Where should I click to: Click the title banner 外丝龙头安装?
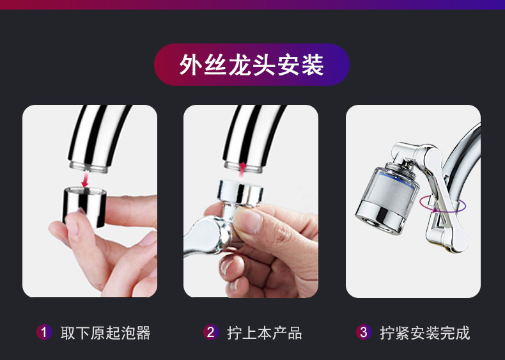click(x=252, y=65)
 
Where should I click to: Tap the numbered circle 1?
click(x=43, y=332)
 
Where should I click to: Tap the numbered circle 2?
click(x=211, y=332)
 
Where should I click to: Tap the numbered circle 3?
click(x=364, y=332)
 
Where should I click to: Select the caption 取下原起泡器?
click(x=105, y=333)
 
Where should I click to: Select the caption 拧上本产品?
click(x=264, y=333)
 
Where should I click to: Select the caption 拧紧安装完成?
click(x=424, y=333)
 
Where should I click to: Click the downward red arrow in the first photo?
click(x=85, y=179)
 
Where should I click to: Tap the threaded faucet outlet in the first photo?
click(x=89, y=164)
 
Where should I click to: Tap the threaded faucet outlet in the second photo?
click(x=243, y=164)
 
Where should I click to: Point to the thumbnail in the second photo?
click(x=252, y=221)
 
